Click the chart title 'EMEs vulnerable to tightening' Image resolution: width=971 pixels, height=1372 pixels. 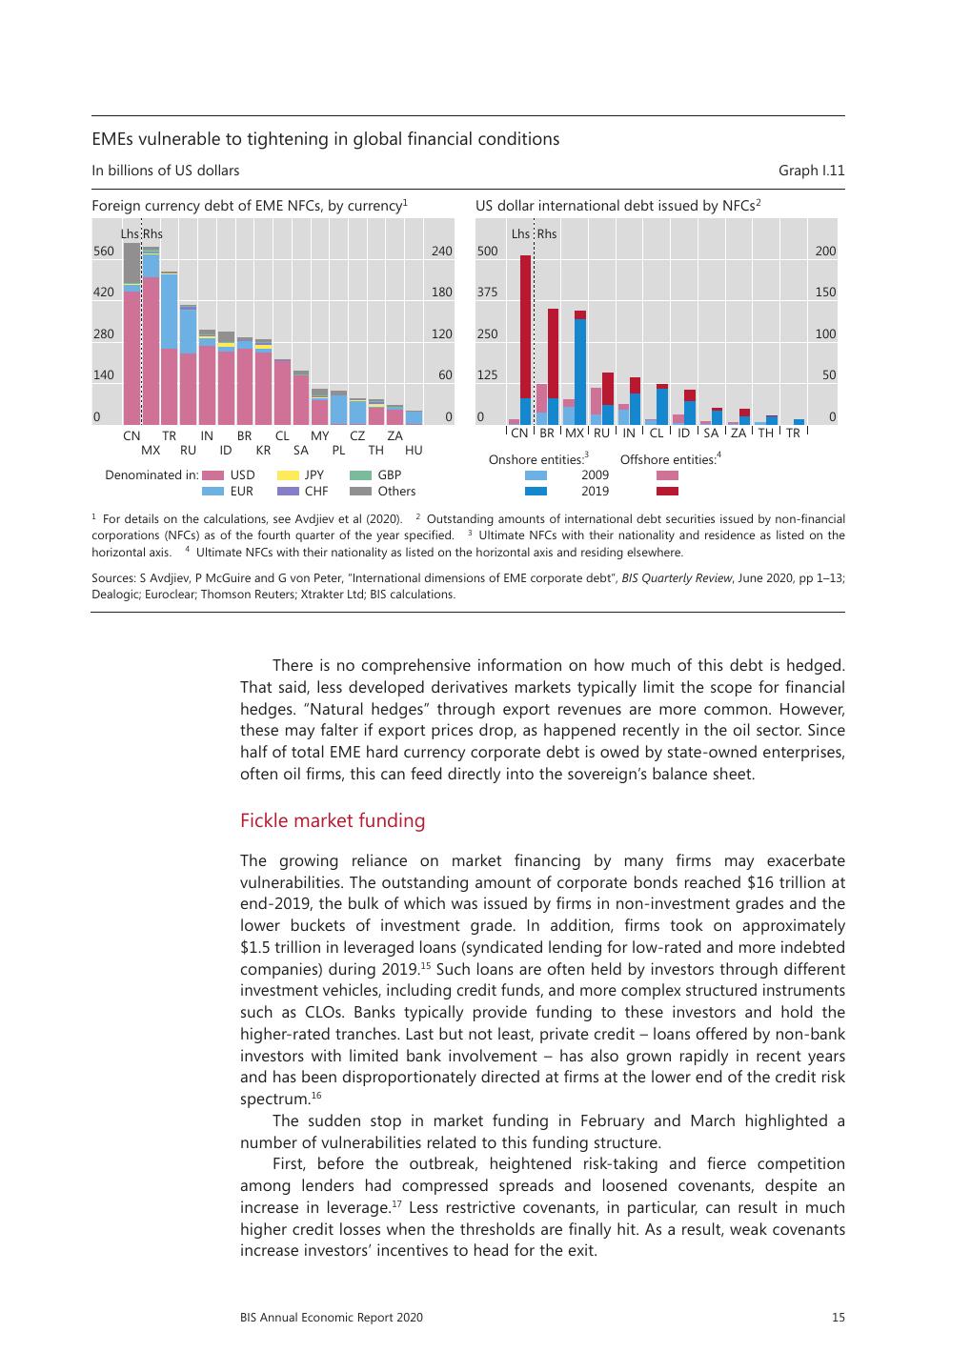pyautogui.click(x=325, y=139)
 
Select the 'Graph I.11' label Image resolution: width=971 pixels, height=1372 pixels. pyautogui.click(x=811, y=171)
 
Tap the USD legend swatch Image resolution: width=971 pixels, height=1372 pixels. pyautogui.click(x=212, y=475)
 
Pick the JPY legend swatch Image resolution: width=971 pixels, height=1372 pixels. pyautogui.click(x=288, y=475)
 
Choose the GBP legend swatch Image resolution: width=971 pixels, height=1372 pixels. pyautogui.click(x=360, y=475)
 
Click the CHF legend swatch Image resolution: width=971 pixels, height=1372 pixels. pyautogui.click(x=288, y=492)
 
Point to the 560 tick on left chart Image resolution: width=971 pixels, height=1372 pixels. pyautogui.click(x=103, y=252)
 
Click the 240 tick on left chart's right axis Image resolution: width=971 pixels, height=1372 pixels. pyautogui.click(x=441, y=252)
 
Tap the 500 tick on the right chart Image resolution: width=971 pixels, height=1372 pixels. pyautogui.click(x=487, y=252)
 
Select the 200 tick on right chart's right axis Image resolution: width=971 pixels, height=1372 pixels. pyautogui.click(x=825, y=252)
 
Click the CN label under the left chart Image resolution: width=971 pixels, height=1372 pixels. pyautogui.click(x=131, y=435)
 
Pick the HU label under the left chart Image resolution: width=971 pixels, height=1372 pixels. pyautogui.click(x=414, y=450)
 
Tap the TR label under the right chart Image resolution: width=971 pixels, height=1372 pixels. pyautogui.click(x=793, y=434)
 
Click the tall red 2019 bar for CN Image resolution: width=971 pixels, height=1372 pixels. pyautogui.click(x=525, y=324)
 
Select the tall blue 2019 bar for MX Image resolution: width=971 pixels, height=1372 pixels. pyautogui.click(x=579, y=372)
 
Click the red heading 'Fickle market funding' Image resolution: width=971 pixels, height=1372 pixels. pyautogui.click(x=333, y=821)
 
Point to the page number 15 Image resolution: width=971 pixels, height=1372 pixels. pyautogui.click(x=838, y=1318)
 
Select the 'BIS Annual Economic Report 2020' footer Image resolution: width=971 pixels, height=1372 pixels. pyautogui.click(x=332, y=1318)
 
